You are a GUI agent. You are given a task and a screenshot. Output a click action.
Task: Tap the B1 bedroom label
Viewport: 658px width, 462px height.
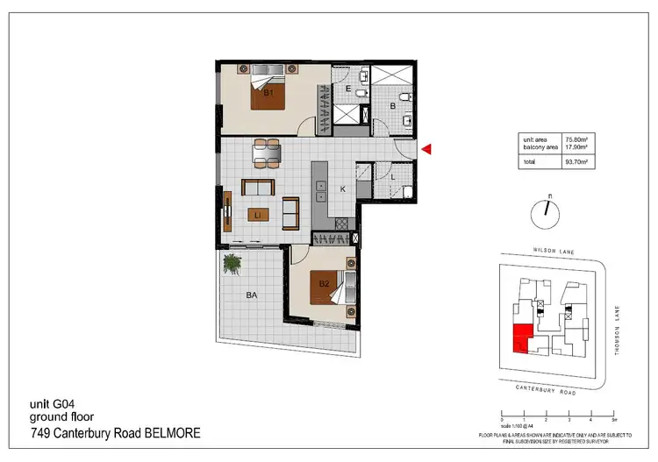pyautogui.click(x=269, y=92)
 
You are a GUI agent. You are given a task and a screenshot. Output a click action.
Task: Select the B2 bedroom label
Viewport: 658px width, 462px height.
pyautogui.click(x=324, y=283)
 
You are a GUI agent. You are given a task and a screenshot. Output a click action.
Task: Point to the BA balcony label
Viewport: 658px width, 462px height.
pyautogui.click(x=251, y=296)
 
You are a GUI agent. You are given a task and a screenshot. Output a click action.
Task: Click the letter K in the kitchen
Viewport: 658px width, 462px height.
pyautogui.click(x=342, y=189)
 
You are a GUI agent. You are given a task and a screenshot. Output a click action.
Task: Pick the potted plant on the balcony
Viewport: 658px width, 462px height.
pyautogui.click(x=232, y=262)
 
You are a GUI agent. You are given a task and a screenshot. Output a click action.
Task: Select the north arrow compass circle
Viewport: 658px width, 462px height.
pyautogui.click(x=545, y=210)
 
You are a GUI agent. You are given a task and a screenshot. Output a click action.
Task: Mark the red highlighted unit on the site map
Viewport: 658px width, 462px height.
pyautogui.click(x=520, y=338)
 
